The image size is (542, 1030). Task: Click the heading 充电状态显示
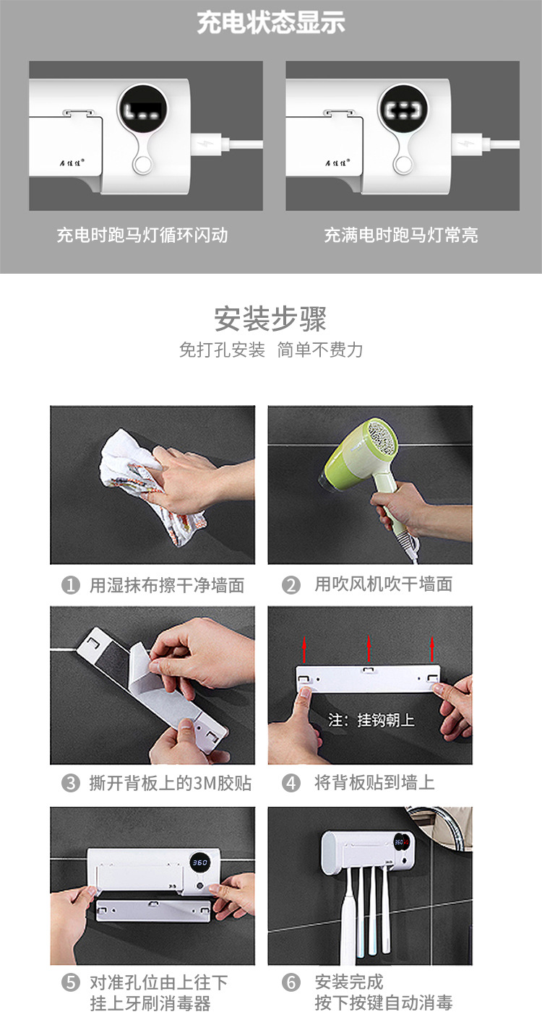(271, 22)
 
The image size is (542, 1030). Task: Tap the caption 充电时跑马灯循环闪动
(142, 235)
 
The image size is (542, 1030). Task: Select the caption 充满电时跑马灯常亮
(401, 235)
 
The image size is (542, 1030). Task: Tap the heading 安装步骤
(271, 319)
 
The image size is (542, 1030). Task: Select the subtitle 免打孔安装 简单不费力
(271, 350)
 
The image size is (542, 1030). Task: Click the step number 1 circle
(70, 585)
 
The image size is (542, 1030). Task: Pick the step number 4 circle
(291, 783)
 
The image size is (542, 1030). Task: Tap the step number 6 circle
(291, 982)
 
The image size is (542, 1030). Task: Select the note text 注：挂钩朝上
(371, 720)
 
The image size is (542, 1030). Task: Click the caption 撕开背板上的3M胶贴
(170, 783)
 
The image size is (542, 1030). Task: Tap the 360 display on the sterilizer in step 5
(199, 862)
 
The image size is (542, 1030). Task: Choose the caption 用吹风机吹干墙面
(383, 584)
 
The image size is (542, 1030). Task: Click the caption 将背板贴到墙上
(374, 783)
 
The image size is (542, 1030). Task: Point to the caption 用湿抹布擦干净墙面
(166, 585)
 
